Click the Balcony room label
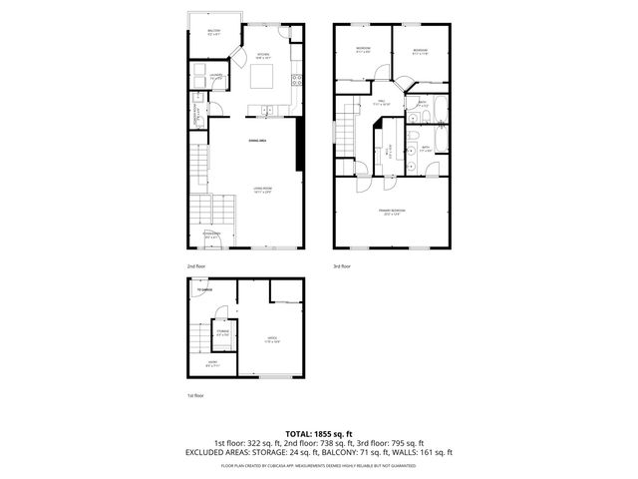coord(214,33)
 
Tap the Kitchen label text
coord(263,56)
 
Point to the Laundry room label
coord(215,76)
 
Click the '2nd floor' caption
coord(196,266)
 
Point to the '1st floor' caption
coord(195,396)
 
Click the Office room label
coord(271,341)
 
